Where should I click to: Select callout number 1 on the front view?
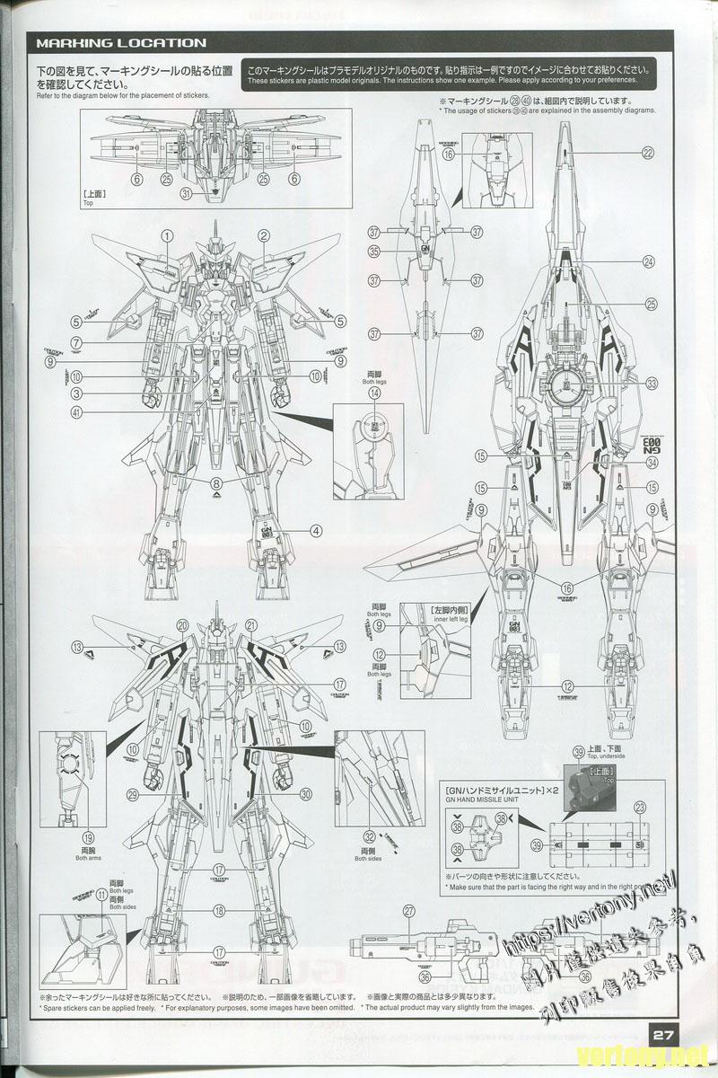(167, 236)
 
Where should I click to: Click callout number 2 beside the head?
(264, 236)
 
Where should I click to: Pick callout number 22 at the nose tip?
(648, 153)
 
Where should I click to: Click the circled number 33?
(652, 382)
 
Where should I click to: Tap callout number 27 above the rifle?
(408, 910)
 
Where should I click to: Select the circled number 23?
(640, 808)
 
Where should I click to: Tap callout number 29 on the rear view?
(133, 794)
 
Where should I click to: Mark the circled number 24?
(648, 261)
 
